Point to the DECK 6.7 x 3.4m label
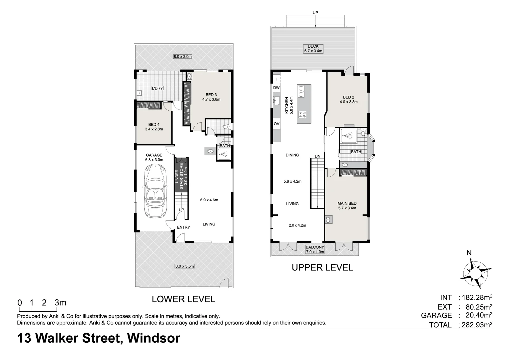[x=313, y=49]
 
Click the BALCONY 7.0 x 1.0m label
[x=315, y=249]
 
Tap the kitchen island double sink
[x=301, y=91]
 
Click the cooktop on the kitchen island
[x=303, y=115]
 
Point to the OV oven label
[x=276, y=124]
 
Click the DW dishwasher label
[x=276, y=88]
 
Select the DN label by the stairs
[x=318, y=156]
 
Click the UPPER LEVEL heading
[x=322, y=267]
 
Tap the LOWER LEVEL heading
[x=183, y=299]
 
